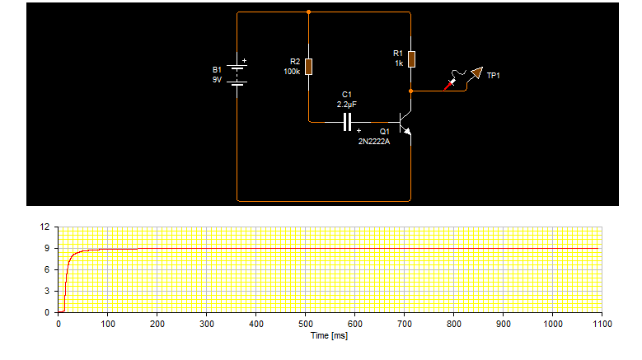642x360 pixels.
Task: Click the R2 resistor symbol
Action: click(309, 67)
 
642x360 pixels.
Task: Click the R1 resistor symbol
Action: click(411, 59)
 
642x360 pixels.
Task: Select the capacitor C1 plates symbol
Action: click(347, 122)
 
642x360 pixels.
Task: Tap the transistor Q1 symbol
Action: click(405, 123)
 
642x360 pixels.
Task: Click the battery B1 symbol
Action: click(237, 75)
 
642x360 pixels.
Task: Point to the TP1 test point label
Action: click(494, 76)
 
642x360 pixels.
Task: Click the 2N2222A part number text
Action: click(374, 142)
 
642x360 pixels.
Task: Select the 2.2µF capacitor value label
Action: click(347, 105)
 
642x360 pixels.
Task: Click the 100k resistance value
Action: click(292, 72)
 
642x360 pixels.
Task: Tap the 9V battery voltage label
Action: click(217, 80)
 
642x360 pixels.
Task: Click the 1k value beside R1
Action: click(399, 63)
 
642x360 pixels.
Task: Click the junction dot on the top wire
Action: click(309, 12)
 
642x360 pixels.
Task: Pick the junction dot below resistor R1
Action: click(411, 91)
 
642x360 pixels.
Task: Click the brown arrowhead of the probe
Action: click(477, 72)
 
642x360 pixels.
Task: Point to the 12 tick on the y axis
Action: click(45, 227)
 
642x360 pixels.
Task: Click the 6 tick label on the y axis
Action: click(47, 269)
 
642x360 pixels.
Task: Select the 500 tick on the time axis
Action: click(306, 324)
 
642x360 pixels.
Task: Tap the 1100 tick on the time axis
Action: click(602, 324)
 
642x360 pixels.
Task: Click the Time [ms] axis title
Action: click(329, 336)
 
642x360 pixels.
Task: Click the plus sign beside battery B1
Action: click(245, 60)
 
